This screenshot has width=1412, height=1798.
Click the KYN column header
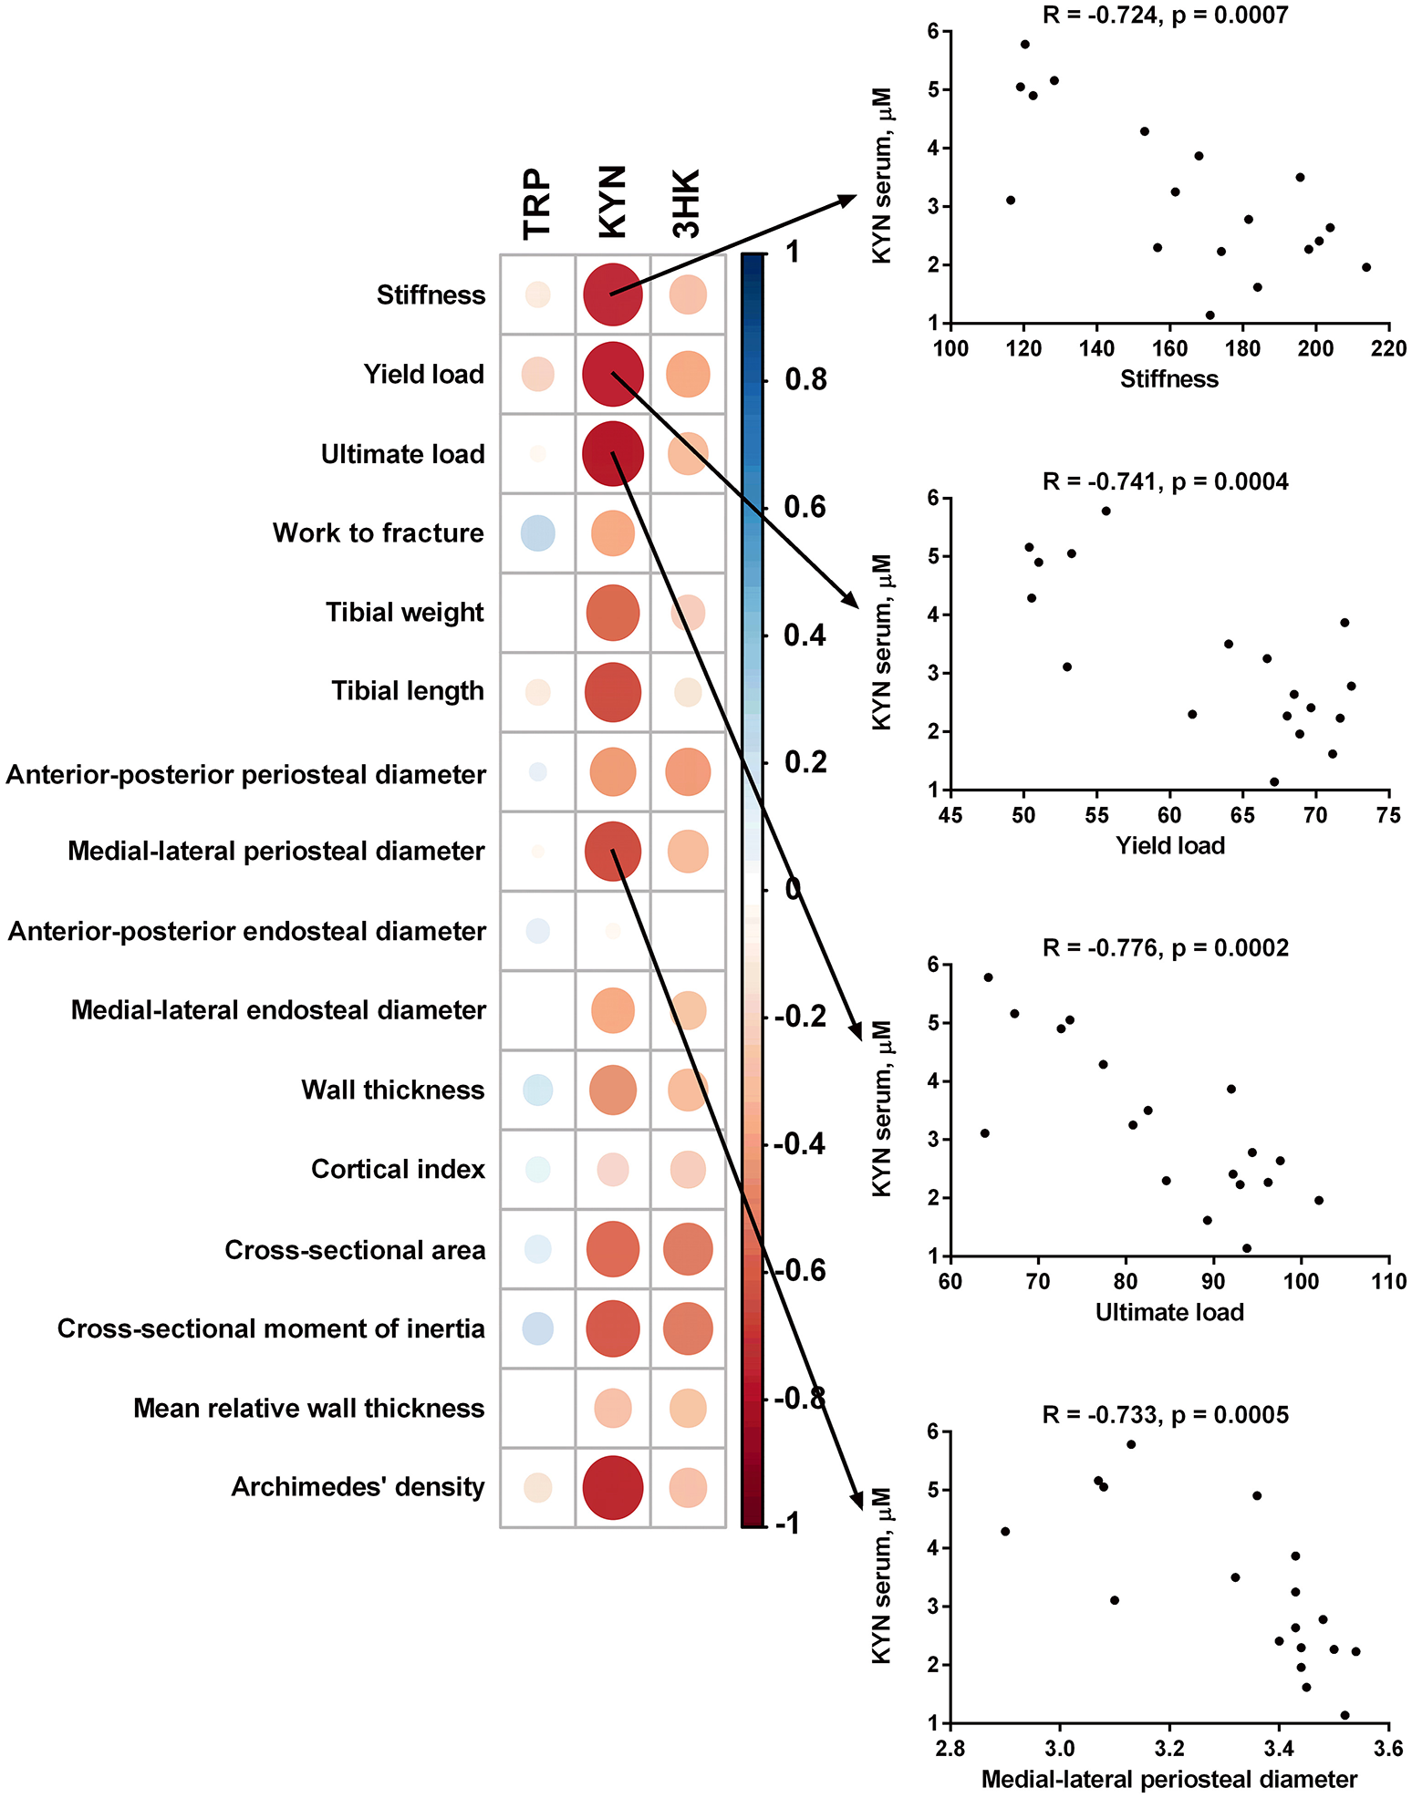click(613, 202)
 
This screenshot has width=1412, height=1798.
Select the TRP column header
click(538, 204)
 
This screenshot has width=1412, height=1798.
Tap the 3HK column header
click(687, 204)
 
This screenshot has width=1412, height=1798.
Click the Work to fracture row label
click(379, 533)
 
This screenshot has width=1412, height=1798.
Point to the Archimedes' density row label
click(358, 1487)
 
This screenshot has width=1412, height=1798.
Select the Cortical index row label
click(398, 1170)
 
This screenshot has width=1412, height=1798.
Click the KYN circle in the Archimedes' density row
click(613, 1488)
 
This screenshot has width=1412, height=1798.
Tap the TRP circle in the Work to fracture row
click(538, 533)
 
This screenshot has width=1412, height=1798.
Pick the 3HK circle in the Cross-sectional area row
click(688, 1249)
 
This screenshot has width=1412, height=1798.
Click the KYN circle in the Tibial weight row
click(613, 613)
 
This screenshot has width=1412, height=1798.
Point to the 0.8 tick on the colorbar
click(805, 379)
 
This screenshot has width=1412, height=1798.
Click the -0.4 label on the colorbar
click(801, 1143)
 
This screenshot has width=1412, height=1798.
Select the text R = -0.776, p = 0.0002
click(1166, 948)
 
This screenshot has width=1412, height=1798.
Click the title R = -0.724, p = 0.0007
click(1166, 15)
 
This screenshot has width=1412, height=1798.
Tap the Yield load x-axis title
click(1170, 846)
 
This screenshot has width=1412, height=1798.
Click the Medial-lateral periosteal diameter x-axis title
click(1169, 1779)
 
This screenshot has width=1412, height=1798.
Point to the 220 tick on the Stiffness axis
click(1388, 349)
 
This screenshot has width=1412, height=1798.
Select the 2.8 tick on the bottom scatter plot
click(950, 1749)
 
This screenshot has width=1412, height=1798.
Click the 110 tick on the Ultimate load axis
click(1388, 1282)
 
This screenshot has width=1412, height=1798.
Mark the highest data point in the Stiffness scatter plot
click(1025, 44)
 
